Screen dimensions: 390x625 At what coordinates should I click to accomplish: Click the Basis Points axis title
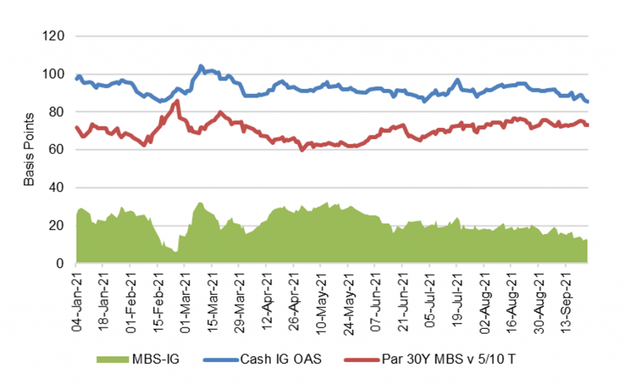coord(28,150)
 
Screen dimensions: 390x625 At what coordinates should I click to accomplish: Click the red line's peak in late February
coord(177,101)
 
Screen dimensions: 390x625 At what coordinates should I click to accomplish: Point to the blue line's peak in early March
coord(201,66)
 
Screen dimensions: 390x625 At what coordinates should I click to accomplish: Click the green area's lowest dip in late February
coord(176,251)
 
